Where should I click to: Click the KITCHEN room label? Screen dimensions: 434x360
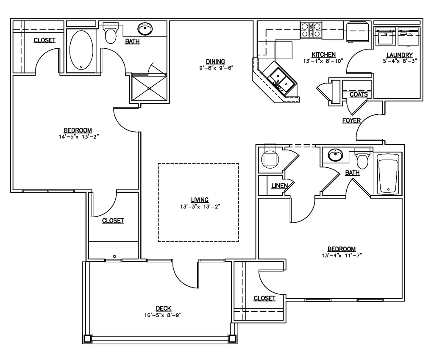[x=323, y=55]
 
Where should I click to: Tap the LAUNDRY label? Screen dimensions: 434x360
[x=399, y=55]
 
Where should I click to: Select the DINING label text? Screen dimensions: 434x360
[x=215, y=61]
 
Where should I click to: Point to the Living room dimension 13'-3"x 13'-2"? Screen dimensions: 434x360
[x=200, y=206]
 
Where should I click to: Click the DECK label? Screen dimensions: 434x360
[x=164, y=308]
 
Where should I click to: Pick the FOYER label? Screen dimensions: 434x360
[x=351, y=120]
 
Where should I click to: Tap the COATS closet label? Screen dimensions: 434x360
[x=359, y=94]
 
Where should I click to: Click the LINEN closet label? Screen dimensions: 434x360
[x=280, y=186]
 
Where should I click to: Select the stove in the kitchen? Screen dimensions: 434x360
[x=311, y=30]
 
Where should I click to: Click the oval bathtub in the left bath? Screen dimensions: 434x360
[x=81, y=50]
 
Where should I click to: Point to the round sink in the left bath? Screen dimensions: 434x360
[x=145, y=29]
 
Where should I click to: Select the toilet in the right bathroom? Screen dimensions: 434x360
[x=362, y=158]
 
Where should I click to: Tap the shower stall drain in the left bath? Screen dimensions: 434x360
[x=150, y=89]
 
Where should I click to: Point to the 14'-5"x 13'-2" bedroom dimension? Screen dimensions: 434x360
[x=79, y=136]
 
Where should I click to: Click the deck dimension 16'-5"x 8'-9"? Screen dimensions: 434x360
[x=163, y=315]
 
